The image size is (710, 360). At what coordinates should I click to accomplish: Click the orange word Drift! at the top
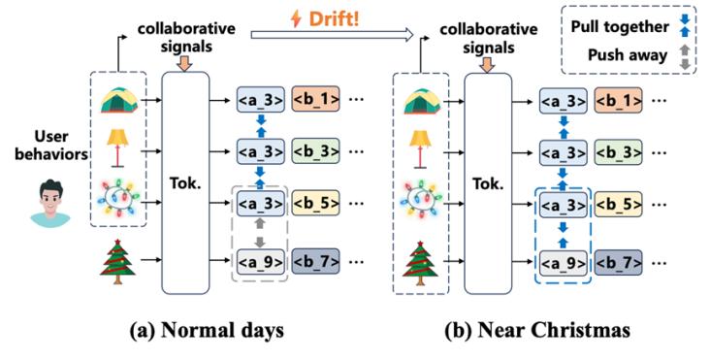335,18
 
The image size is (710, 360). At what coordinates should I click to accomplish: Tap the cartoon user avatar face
50,203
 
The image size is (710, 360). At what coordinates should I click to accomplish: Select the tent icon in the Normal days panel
118,101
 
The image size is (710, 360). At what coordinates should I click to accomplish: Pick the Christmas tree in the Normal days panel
117,261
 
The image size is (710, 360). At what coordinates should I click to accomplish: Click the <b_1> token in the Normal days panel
315,100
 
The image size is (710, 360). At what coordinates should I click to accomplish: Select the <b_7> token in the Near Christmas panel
618,262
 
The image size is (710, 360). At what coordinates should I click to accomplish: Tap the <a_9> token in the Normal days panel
260,262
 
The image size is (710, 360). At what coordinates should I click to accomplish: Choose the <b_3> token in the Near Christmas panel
618,152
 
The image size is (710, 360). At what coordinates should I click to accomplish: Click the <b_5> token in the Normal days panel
315,203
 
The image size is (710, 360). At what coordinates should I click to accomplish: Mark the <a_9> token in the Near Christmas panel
563,263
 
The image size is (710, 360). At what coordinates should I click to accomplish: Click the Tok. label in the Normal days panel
185,184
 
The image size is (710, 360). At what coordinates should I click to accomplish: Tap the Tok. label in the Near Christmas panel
488,184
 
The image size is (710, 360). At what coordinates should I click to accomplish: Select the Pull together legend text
620,27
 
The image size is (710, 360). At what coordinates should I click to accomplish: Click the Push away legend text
628,55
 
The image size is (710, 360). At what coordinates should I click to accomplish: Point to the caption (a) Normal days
207,330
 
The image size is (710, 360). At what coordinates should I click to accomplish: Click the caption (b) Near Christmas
537,330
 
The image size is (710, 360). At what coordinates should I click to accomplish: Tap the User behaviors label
51,146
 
